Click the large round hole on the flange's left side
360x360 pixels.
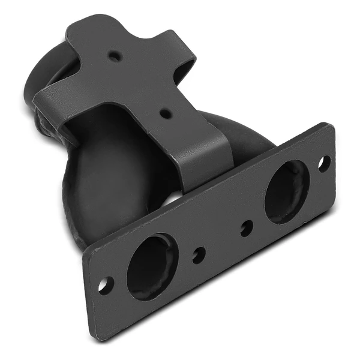click(x=152, y=266)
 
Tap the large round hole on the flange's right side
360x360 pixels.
click(x=287, y=191)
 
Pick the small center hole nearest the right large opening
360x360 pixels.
click(x=246, y=228)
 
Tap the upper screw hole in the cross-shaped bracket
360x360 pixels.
click(x=113, y=56)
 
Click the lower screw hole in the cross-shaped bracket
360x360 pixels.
click(x=164, y=112)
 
